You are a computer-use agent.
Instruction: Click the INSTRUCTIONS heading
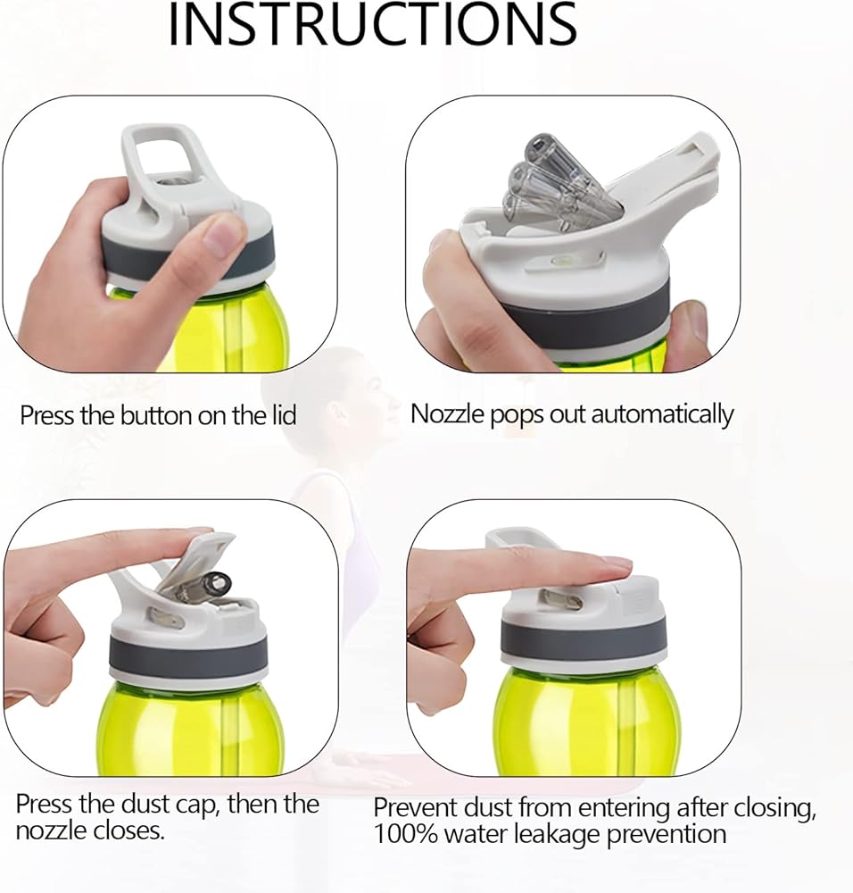(373, 24)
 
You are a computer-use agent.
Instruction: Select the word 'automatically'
(662, 414)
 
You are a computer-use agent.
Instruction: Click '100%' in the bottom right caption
(405, 834)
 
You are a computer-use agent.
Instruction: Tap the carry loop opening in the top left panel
(162, 156)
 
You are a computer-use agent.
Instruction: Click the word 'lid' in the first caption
(283, 415)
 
